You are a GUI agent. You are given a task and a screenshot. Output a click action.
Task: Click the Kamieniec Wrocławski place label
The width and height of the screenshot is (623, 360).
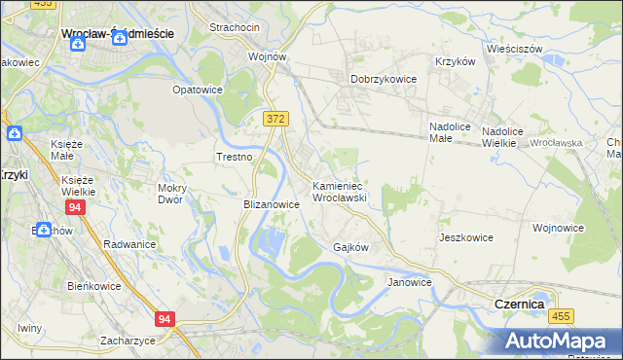point(338,191)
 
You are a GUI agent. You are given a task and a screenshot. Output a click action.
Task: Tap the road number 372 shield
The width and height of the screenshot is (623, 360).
point(275,118)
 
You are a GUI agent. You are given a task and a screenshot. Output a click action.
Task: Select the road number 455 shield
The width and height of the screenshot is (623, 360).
point(561,316)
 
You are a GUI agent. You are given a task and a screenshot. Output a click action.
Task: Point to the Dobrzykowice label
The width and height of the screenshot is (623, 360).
point(384,80)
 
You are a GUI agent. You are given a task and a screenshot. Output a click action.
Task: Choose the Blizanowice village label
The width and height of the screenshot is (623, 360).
point(271,205)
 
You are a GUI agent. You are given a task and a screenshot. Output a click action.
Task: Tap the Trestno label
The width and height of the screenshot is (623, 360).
point(235,157)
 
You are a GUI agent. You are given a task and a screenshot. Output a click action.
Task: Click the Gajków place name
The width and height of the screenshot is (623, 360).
point(350,247)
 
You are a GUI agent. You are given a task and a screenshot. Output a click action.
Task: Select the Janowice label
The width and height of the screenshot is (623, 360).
point(409,282)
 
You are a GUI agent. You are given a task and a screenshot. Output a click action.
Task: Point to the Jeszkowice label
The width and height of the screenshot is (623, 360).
point(466,237)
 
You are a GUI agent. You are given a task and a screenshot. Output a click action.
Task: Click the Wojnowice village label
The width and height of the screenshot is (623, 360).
point(559,228)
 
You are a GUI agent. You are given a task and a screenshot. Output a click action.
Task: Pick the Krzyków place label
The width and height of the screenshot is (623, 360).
point(456,60)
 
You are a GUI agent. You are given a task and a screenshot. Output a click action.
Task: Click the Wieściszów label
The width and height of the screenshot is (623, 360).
point(515,46)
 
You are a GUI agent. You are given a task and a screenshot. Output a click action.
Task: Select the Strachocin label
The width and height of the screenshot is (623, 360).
point(233,27)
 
